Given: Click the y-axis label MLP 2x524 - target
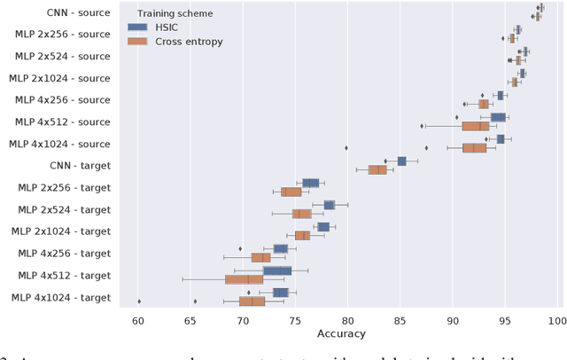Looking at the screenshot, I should click(65, 209).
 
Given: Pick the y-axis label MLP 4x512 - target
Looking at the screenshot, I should click(65, 275).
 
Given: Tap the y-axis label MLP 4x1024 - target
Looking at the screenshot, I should click(61, 297).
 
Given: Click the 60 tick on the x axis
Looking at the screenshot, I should click(138, 320).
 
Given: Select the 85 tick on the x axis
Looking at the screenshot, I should click(400, 320).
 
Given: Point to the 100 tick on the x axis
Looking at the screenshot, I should click(557, 320).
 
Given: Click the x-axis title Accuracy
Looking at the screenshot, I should click(347, 334).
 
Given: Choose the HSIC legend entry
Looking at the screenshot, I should click(191, 27).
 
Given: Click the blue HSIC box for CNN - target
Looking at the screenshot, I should click(401, 160).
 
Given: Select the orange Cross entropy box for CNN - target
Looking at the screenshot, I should click(377, 169).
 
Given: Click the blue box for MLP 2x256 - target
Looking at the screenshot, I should click(310, 183).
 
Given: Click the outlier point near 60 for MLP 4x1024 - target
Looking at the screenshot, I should click(139, 301).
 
